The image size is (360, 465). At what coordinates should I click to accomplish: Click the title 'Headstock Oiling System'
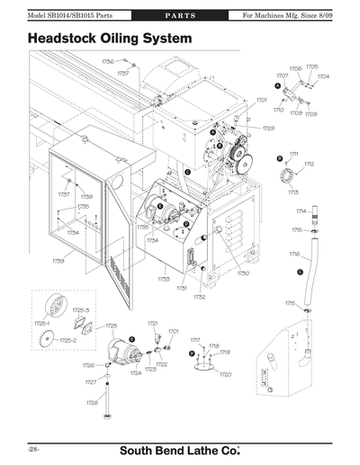tap(110, 40)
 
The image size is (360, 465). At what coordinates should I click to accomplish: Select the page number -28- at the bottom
tap(32, 448)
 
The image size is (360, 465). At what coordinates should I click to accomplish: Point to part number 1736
tap(107, 61)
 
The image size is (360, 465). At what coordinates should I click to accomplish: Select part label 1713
tap(293, 192)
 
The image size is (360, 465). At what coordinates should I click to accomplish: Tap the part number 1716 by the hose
tap(294, 255)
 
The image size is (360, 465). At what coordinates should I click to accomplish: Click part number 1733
tap(163, 280)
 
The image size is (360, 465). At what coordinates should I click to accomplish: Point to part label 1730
tap(243, 273)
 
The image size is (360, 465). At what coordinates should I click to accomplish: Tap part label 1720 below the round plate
tap(226, 373)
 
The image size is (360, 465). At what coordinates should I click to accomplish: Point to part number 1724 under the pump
tap(135, 372)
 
